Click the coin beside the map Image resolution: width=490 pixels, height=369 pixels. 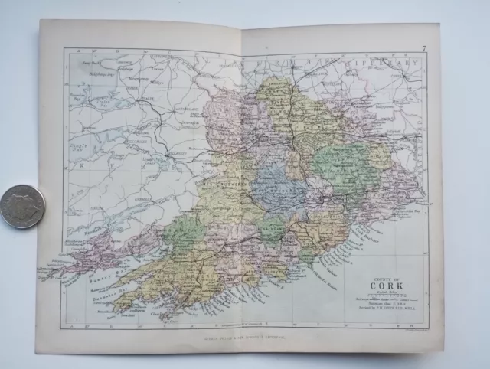(x=22, y=206)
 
